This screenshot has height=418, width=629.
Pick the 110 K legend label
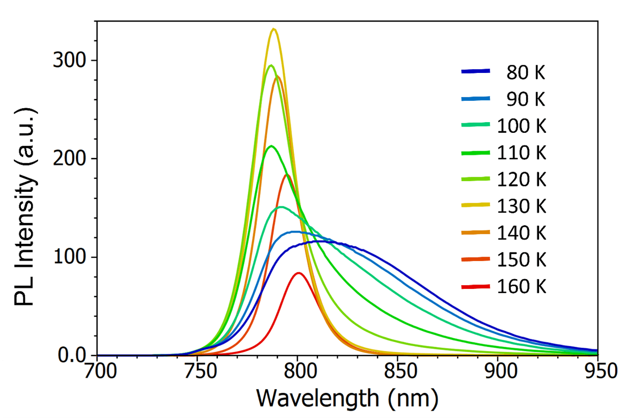tap(521, 152)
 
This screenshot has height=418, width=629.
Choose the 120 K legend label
tap(521, 179)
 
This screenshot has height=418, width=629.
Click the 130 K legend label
tap(521, 206)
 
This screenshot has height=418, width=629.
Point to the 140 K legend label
tap(521, 233)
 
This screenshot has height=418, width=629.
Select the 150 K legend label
tap(521, 259)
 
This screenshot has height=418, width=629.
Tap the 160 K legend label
tap(521, 286)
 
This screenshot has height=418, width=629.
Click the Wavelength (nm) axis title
tap(347, 398)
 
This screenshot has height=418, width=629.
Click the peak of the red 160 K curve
tap(299, 273)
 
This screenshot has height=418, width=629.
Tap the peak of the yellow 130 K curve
tap(274, 29)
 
